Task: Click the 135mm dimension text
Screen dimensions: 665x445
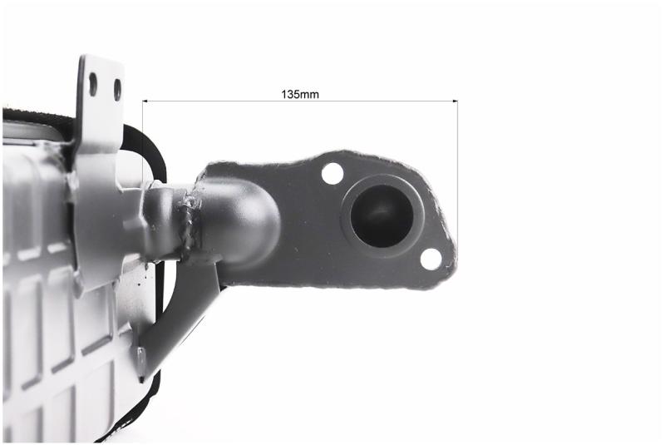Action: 300,94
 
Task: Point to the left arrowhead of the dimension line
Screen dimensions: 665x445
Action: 145,101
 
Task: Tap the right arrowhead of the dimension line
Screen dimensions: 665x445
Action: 456,101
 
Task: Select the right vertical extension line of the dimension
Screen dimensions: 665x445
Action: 458,174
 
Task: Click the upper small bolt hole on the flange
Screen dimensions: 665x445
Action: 332,173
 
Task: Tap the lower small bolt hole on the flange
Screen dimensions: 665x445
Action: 431,259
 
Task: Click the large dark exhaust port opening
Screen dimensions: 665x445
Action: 382,215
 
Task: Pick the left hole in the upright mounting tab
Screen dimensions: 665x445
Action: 93,84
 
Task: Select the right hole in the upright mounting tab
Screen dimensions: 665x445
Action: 117,90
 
